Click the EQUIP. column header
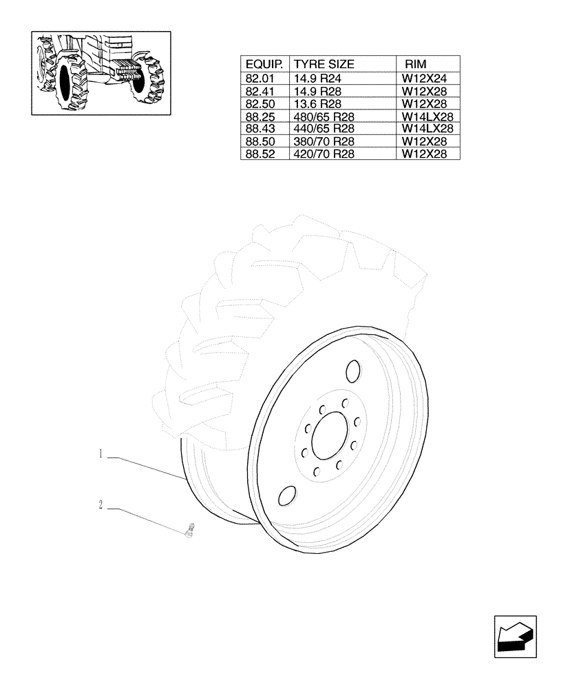point(265,64)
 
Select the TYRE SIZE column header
point(324,64)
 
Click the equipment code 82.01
point(260,79)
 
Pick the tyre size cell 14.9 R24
point(319,79)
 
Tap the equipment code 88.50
point(260,142)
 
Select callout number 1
point(101,454)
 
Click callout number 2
point(101,506)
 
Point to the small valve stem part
point(191,531)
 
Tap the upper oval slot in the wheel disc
point(353,371)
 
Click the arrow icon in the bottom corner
point(514,635)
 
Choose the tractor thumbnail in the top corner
point(101,73)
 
